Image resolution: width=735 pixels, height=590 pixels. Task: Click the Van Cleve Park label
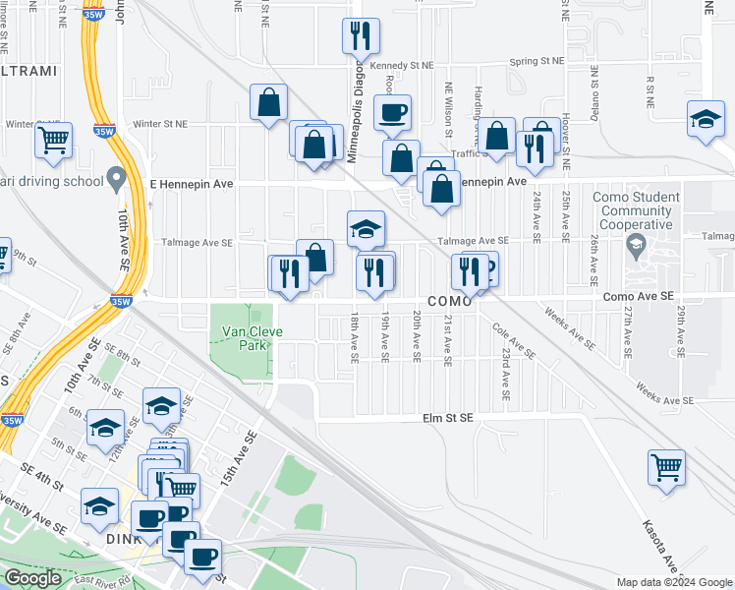[252, 338]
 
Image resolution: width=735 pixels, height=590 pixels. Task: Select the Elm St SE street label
[447, 418]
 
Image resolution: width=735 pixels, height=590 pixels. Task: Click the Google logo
[32, 578]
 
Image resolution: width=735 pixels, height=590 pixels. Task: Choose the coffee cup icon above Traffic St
[393, 111]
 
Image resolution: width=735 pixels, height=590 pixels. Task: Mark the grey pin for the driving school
[117, 179]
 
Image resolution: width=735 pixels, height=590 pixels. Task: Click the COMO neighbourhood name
[450, 301]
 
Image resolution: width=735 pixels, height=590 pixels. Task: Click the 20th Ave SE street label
[416, 337]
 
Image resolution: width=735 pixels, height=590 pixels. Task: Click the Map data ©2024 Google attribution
[673, 582]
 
